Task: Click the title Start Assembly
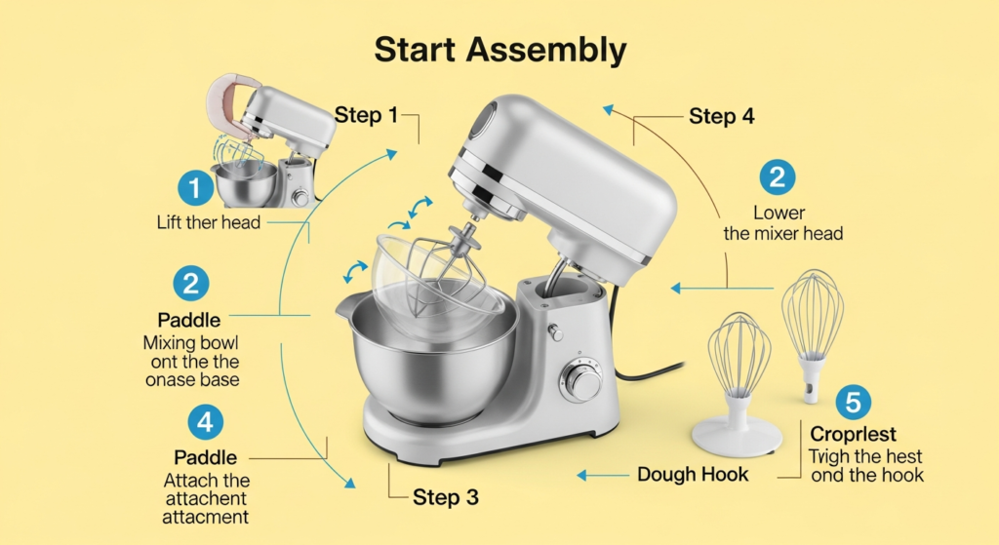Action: click(500, 51)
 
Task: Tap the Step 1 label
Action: click(366, 115)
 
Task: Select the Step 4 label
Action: click(721, 117)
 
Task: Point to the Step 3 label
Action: click(445, 497)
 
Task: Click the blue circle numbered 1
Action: click(195, 188)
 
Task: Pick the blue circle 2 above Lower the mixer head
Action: click(778, 176)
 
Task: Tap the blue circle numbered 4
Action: click(206, 422)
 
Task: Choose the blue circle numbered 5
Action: click(853, 403)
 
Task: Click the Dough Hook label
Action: click(693, 475)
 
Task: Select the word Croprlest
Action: click(853, 434)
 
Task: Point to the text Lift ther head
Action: click(209, 222)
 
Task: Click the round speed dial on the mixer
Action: click(581, 382)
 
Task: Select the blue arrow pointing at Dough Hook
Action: click(603, 475)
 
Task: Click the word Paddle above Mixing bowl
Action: click(189, 320)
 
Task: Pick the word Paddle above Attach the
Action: click(205, 457)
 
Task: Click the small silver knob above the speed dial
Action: click(555, 331)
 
